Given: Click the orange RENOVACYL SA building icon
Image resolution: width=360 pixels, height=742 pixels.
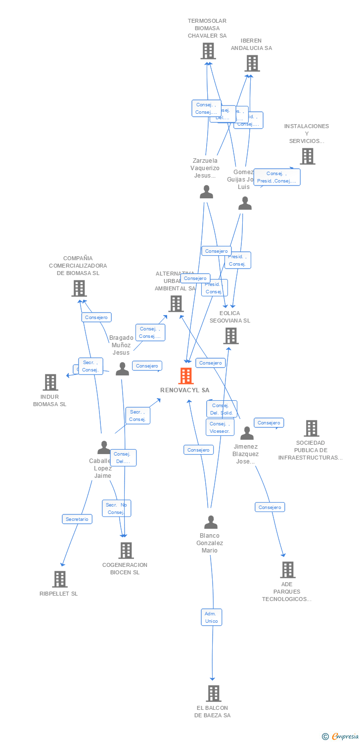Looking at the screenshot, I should pyautogui.click(x=185, y=376).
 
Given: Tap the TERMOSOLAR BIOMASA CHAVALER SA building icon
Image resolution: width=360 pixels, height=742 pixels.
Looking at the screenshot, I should pyautogui.click(x=208, y=51).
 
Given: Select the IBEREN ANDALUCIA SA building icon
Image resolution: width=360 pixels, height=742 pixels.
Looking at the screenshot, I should pyautogui.click(x=252, y=63).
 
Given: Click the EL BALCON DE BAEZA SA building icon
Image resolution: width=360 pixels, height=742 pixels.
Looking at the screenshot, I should pyautogui.click(x=213, y=694).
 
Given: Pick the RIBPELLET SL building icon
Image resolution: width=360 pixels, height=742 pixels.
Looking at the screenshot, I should pyautogui.click(x=59, y=579).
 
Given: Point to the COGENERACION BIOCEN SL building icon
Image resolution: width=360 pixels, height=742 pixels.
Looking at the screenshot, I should pyautogui.click(x=126, y=551).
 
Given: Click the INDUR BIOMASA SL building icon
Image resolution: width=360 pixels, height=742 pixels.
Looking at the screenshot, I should pyautogui.click(x=50, y=382).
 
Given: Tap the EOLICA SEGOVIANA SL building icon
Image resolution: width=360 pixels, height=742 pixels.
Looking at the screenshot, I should pyautogui.click(x=230, y=336).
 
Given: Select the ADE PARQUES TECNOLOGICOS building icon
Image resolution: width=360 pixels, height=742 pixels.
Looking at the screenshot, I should pyautogui.click(x=287, y=570).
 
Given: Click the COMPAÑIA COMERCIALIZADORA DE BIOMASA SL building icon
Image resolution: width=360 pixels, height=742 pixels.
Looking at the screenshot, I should pyautogui.click(x=79, y=288).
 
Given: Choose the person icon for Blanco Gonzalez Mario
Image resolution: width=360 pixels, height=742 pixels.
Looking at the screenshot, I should pyautogui.click(x=211, y=522).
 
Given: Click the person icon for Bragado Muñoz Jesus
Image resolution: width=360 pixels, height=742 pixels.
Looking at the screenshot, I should pyautogui.click(x=122, y=369).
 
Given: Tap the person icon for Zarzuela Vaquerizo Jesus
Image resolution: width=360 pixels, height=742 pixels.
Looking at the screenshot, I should pyautogui.click(x=206, y=192).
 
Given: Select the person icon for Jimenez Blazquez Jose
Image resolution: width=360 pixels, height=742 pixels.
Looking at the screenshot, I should pyautogui.click(x=247, y=433).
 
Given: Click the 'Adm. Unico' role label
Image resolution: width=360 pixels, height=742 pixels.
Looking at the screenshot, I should pyautogui.click(x=211, y=617).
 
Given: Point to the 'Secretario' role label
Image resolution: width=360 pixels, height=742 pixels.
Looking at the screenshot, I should pyautogui.click(x=77, y=519).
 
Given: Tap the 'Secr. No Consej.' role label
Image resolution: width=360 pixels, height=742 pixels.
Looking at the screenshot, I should pyautogui.click(x=117, y=509).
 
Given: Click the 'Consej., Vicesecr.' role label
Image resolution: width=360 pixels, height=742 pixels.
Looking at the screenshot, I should pyautogui.click(x=220, y=427).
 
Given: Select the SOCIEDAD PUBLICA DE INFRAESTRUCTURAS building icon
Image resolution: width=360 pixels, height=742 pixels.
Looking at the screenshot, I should pyautogui.click(x=311, y=428).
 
